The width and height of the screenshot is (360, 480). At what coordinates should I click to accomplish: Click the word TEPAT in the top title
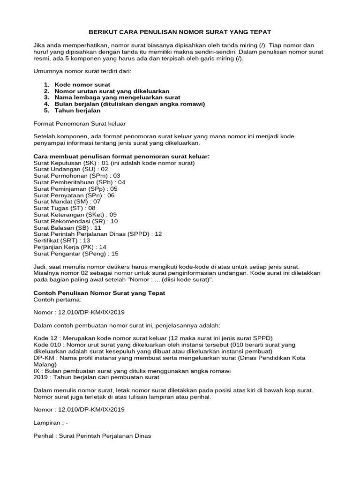pyautogui.click(x=259, y=32)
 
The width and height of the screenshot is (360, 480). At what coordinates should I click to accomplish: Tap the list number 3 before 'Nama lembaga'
pyautogui.click(x=46, y=97)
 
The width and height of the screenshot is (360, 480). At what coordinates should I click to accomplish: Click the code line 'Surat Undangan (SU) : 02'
pyautogui.click(x=71, y=169)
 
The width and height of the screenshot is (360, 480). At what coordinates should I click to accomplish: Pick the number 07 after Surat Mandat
pyautogui.click(x=97, y=202)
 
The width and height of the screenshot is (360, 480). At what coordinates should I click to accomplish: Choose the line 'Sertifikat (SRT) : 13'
pyautogui.click(x=62, y=240)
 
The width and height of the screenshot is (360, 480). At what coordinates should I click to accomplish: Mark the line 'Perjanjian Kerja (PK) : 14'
pyautogui.click(x=70, y=247)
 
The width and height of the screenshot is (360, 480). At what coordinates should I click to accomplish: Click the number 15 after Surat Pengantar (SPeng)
pyautogui.click(x=113, y=253)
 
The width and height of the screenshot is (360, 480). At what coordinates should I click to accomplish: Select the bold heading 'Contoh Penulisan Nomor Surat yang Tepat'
pyautogui.click(x=99, y=292)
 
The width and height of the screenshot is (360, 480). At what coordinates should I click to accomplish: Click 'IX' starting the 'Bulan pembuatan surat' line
pyautogui.click(x=37, y=370)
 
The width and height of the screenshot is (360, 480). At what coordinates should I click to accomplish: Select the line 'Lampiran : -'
pyautogui.click(x=51, y=422)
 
